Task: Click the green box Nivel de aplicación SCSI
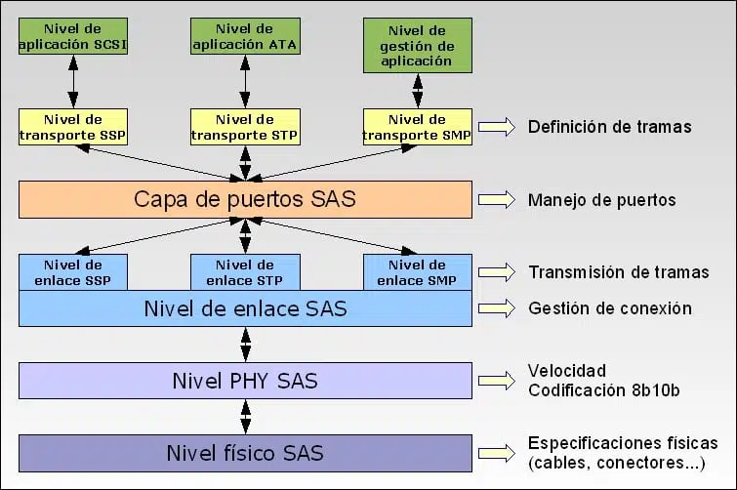(73, 36)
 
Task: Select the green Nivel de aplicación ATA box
(245, 36)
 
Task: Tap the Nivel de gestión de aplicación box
(418, 46)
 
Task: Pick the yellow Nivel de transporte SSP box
(73, 127)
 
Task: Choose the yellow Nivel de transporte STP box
(245, 127)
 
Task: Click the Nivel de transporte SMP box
(418, 127)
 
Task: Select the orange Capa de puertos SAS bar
(245, 200)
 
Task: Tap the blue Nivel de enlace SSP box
(73, 272)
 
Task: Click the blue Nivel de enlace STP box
(245, 272)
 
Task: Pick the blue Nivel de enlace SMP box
(418, 272)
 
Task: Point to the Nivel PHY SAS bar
(245, 381)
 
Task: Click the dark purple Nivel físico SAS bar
(245, 453)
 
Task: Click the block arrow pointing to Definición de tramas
(496, 127)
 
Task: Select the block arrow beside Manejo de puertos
(496, 200)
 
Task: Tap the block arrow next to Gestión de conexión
(496, 308)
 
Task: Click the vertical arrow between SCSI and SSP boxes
(73, 82)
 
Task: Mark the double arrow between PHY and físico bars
(245, 417)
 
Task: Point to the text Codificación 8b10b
(603, 390)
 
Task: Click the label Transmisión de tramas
(619, 272)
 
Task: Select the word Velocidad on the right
(567, 371)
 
